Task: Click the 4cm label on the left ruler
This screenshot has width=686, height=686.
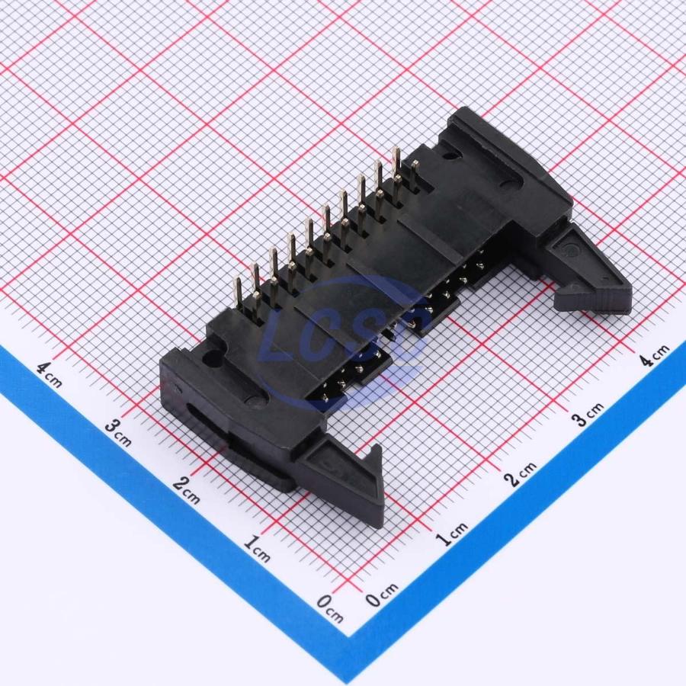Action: point(49,375)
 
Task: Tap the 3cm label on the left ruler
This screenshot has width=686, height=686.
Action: point(118,432)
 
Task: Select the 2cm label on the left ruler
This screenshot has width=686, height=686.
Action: point(187,489)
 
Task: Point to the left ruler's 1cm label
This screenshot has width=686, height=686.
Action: point(257,548)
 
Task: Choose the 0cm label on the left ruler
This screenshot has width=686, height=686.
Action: point(330,608)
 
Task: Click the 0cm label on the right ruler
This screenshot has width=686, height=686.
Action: point(382,595)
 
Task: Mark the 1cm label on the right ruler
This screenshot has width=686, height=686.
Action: point(453,534)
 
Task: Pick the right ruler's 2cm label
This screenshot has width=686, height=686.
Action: point(520,474)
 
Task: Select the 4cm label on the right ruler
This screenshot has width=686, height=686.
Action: point(655,354)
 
